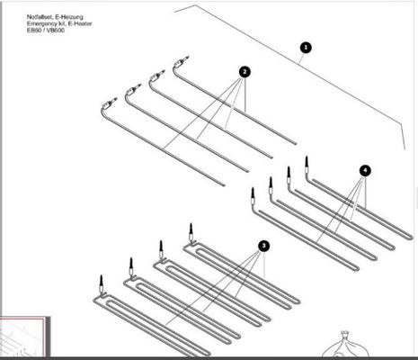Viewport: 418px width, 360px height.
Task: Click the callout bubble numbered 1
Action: coord(305,46)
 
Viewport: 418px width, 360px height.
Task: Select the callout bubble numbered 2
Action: coord(245,70)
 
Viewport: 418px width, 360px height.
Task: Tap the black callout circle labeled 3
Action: coord(262,245)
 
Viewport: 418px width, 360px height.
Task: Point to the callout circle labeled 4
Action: coord(364,169)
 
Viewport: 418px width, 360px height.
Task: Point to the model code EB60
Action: coord(36,31)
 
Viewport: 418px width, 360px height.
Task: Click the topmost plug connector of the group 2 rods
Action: coord(182,63)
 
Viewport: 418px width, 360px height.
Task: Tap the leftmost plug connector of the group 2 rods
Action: coord(111,102)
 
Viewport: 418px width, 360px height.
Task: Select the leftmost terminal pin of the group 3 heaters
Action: coord(102,281)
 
